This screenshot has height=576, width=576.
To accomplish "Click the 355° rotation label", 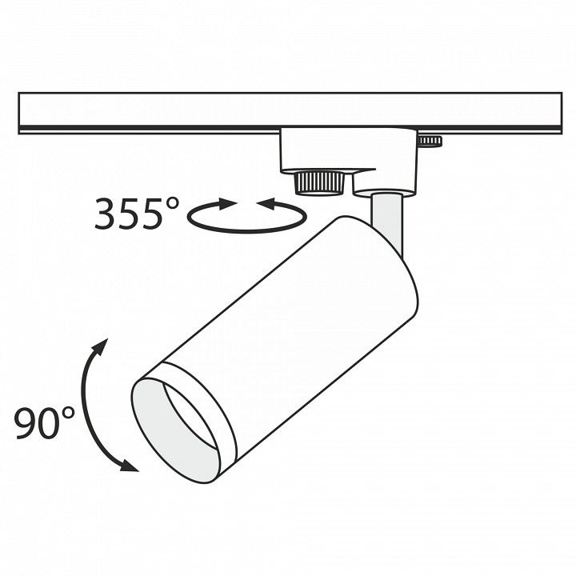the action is [x=137, y=214].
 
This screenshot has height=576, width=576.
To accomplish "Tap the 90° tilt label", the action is [x=44, y=422].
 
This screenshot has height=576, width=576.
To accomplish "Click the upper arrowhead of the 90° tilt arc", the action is [x=100, y=347].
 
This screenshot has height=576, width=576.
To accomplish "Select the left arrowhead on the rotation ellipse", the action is [x=227, y=203].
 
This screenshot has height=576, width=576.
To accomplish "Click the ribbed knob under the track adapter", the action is [x=319, y=182].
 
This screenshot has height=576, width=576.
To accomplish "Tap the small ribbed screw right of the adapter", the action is [x=430, y=141].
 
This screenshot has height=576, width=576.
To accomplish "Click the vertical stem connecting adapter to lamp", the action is [x=387, y=222].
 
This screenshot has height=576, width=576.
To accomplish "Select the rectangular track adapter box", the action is [x=349, y=150].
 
